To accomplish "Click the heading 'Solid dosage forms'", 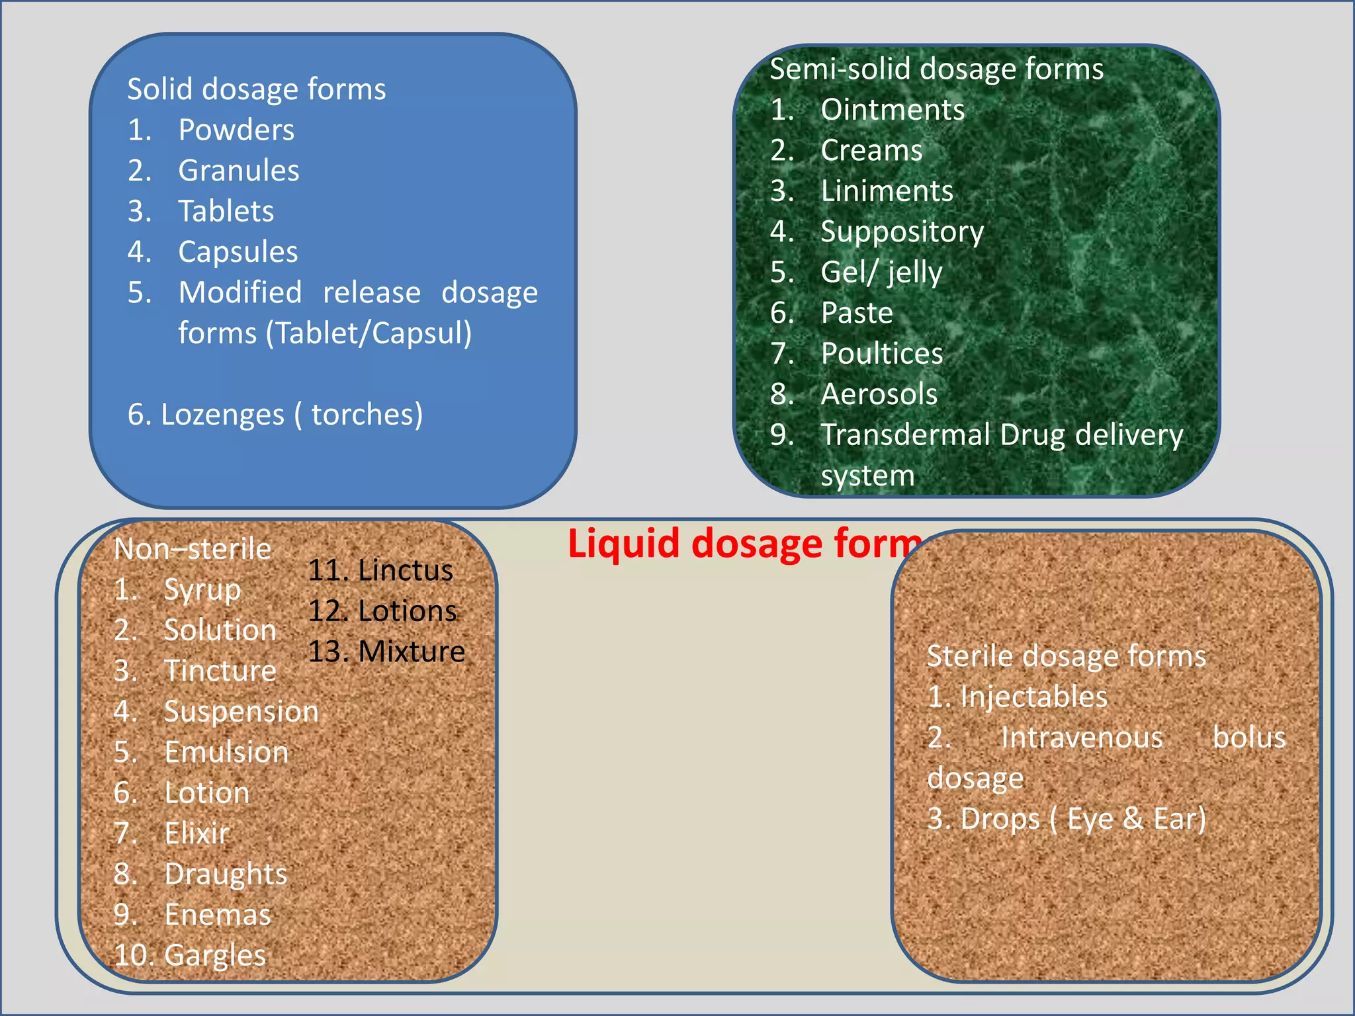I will click(x=256, y=89).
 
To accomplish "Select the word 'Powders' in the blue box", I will click(x=236, y=130).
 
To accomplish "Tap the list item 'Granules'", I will click(x=238, y=171).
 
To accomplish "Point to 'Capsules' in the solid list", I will click(x=238, y=252).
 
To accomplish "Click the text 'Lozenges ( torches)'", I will click(x=275, y=415).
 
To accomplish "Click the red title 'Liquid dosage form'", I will click(x=744, y=544).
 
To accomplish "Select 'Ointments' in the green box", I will click(x=893, y=110).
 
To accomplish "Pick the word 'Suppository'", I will click(x=902, y=232).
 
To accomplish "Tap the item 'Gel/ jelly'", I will click(x=881, y=273).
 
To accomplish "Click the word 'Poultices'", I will click(x=881, y=354).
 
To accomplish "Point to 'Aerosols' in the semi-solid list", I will click(x=879, y=394).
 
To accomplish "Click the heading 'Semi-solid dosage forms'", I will click(x=936, y=69).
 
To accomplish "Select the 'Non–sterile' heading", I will click(x=192, y=549).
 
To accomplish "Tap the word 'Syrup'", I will click(x=202, y=590).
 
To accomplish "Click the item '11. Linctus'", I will click(x=380, y=571).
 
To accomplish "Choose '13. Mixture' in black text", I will click(x=386, y=652).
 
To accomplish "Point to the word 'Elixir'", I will click(x=197, y=833).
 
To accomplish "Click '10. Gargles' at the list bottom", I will click(x=190, y=956).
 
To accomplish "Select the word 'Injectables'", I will click(x=1033, y=697).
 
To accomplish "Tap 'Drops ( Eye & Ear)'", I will click(x=1082, y=819).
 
